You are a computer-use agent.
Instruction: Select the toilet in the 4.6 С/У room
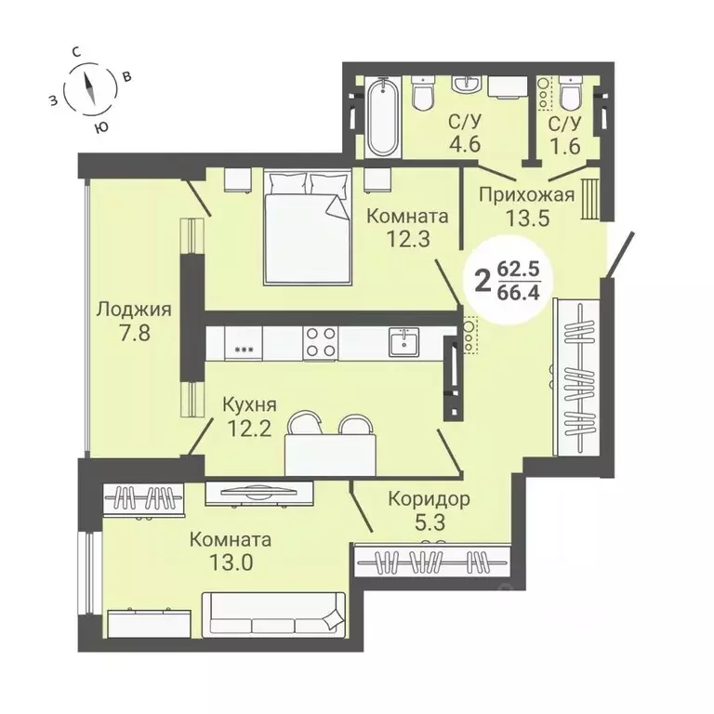[x=424, y=94]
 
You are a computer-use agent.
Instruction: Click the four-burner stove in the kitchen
[x=321, y=341]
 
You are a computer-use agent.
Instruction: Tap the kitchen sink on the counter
[x=403, y=341]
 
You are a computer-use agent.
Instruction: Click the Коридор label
[x=429, y=498]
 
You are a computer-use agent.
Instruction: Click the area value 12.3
[x=407, y=240]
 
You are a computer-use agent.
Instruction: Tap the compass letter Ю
[x=101, y=126]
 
